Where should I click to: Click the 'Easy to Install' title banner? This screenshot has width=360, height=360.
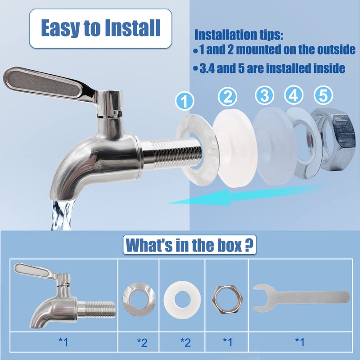pyautogui.click(x=100, y=28)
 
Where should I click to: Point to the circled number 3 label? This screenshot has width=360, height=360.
pyautogui.click(x=265, y=96)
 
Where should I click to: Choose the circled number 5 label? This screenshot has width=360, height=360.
pyautogui.click(x=324, y=95)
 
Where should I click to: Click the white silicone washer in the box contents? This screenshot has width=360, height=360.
pyautogui.click(x=184, y=297)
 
